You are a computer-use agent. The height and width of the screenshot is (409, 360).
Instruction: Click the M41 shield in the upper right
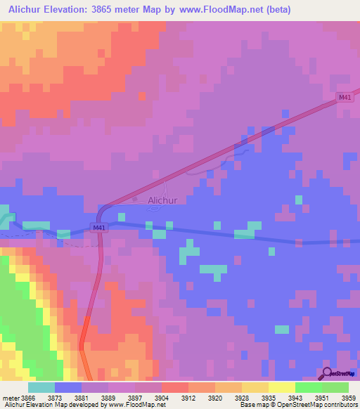tap(344, 98)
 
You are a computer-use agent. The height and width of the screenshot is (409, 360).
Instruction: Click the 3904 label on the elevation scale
tap(162, 397)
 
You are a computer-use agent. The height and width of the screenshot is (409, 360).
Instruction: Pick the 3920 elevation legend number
tap(215, 397)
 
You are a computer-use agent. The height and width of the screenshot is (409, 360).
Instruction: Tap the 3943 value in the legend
tap(295, 397)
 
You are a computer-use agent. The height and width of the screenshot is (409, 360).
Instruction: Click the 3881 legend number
tap(82, 397)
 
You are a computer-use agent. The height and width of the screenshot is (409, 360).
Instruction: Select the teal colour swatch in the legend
tap(41, 387)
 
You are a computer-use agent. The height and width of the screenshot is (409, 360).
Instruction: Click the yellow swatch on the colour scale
tap(281, 387)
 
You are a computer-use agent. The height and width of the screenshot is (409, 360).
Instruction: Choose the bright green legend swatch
tap(308, 387)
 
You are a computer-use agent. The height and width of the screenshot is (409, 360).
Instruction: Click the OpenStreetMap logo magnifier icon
tap(327, 372)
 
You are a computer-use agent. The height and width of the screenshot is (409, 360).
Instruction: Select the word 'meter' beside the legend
tap(10, 397)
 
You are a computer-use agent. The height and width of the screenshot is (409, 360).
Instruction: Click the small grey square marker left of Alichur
tap(136, 199)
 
